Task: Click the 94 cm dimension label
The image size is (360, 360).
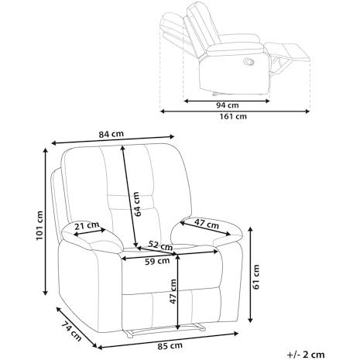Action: click(x=228, y=105)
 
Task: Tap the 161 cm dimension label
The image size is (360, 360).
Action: click(x=233, y=117)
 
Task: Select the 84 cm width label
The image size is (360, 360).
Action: click(x=111, y=134)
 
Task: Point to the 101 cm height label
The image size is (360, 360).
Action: click(x=39, y=225)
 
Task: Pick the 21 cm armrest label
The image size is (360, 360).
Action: click(x=87, y=226)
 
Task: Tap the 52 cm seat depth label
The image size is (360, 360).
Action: click(x=160, y=245)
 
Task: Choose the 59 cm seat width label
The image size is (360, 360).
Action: click(x=157, y=262)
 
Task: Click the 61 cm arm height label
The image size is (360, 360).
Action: click(x=256, y=277)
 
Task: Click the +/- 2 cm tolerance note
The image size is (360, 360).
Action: click(x=306, y=355)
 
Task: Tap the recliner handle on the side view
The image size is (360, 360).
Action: click(x=249, y=61)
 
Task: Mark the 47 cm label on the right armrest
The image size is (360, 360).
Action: click(x=207, y=224)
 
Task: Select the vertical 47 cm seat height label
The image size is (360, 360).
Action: click(x=173, y=291)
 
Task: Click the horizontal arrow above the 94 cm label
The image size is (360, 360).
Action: click(x=227, y=101)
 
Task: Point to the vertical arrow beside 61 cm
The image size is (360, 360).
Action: click(x=250, y=275)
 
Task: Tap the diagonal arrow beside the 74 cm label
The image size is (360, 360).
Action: click(x=77, y=327)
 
